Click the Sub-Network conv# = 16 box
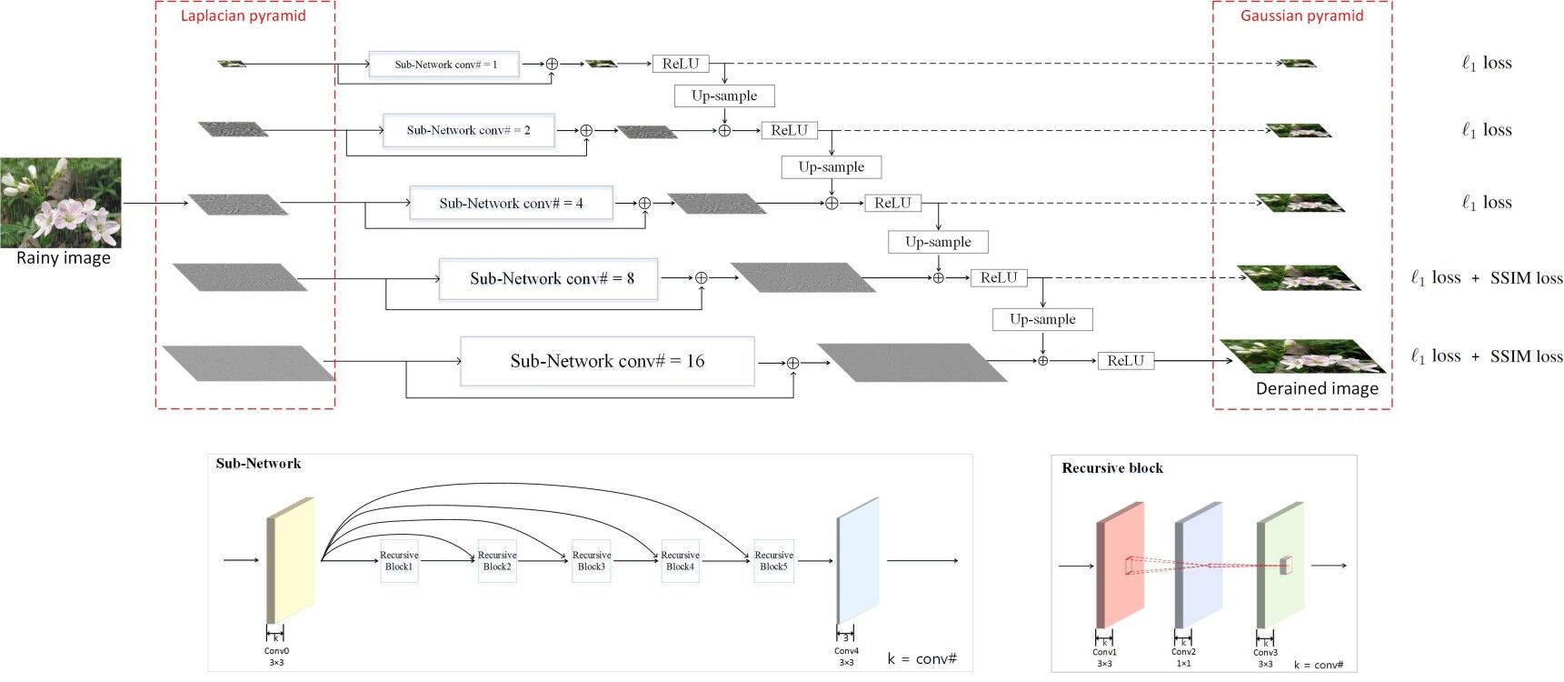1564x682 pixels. [607, 361]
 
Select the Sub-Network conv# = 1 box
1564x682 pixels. [444, 65]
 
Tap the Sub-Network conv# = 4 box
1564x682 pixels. [511, 203]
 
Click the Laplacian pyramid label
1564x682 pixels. [243, 15]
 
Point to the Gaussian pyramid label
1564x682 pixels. [1301, 15]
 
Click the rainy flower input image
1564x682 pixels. [60, 202]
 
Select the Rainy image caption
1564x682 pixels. [63, 258]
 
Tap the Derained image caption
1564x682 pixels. [1316, 388]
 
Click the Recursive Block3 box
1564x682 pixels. [592, 561]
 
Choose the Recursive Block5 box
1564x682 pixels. [773, 561]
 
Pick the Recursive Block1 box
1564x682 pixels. [399, 561]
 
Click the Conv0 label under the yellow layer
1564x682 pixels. [276, 651]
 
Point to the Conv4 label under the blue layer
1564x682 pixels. [846, 651]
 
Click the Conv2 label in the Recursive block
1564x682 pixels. [1183, 652]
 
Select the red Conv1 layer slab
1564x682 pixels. [1121, 564]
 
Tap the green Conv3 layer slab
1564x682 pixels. [1281, 564]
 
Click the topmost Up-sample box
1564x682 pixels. [724, 95]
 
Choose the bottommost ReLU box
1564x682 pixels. [1125, 361]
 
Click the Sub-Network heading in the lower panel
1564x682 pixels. [258, 464]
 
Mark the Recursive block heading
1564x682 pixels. [1112, 468]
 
